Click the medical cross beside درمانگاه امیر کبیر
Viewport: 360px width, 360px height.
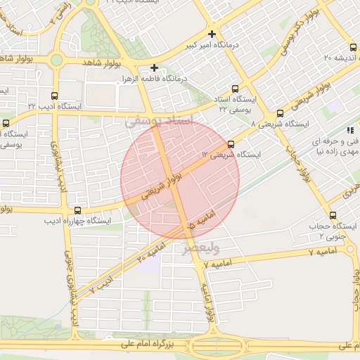point(212,34)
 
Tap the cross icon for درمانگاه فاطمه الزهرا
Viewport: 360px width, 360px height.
point(154,67)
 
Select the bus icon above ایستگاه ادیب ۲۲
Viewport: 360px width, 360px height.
point(55,96)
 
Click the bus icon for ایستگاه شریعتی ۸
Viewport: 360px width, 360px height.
point(280,112)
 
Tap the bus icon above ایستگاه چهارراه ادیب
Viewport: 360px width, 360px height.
point(77,210)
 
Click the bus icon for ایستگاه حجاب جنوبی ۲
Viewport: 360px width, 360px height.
point(333,216)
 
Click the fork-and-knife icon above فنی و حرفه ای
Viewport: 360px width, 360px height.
point(349,130)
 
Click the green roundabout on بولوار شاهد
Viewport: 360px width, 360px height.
point(56,60)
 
